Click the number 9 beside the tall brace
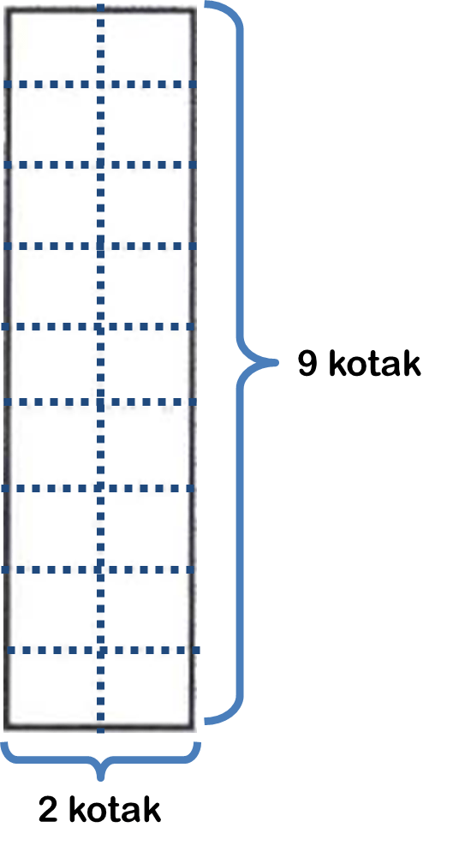(x=308, y=364)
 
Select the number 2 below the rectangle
(x=48, y=810)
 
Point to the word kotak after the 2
(x=115, y=809)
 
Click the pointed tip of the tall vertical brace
(x=277, y=361)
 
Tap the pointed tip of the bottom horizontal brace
(x=100, y=779)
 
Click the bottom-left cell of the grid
(x=53, y=687)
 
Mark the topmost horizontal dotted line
(x=100, y=84)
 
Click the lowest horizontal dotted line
(x=104, y=650)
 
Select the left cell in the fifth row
(x=53, y=364)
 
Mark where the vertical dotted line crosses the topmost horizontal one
(x=100, y=84)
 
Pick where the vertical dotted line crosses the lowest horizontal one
(x=100, y=650)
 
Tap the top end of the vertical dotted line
(x=100, y=4)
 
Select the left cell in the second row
(x=53, y=124)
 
